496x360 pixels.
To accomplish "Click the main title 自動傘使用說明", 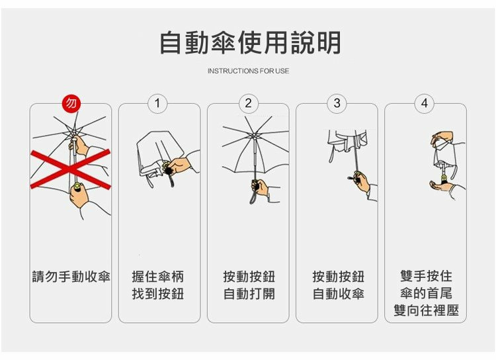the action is pyautogui.click(x=250, y=43).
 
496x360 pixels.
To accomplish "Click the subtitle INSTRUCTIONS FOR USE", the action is pyautogui.click(x=248, y=71).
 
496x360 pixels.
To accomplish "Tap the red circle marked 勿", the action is pyautogui.click(x=71, y=103).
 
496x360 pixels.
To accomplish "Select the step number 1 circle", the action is pyautogui.click(x=157, y=103).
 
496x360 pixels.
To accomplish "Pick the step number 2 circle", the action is pyautogui.click(x=248, y=103).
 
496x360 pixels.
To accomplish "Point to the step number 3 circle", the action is pyautogui.click(x=337, y=103).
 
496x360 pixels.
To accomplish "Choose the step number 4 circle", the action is pyautogui.click(x=425, y=103).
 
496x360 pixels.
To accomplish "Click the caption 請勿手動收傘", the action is pyautogui.click(x=71, y=277).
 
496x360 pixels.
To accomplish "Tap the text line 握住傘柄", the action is pyautogui.click(x=158, y=277).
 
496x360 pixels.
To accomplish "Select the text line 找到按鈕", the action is pyautogui.click(x=158, y=294).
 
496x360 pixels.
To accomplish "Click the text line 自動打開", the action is pyautogui.click(x=249, y=294).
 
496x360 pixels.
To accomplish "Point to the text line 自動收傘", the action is pyautogui.click(x=338, y=294).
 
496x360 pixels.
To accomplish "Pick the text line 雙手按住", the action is pyautogui.click(x=426, y=276).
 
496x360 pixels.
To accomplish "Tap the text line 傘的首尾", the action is pyautogui.click(x=426, y=293).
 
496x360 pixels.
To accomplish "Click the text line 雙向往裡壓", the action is pyautogui.click(x=426, y=310).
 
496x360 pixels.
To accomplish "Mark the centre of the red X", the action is pyautogui.click(x=71, y=169).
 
